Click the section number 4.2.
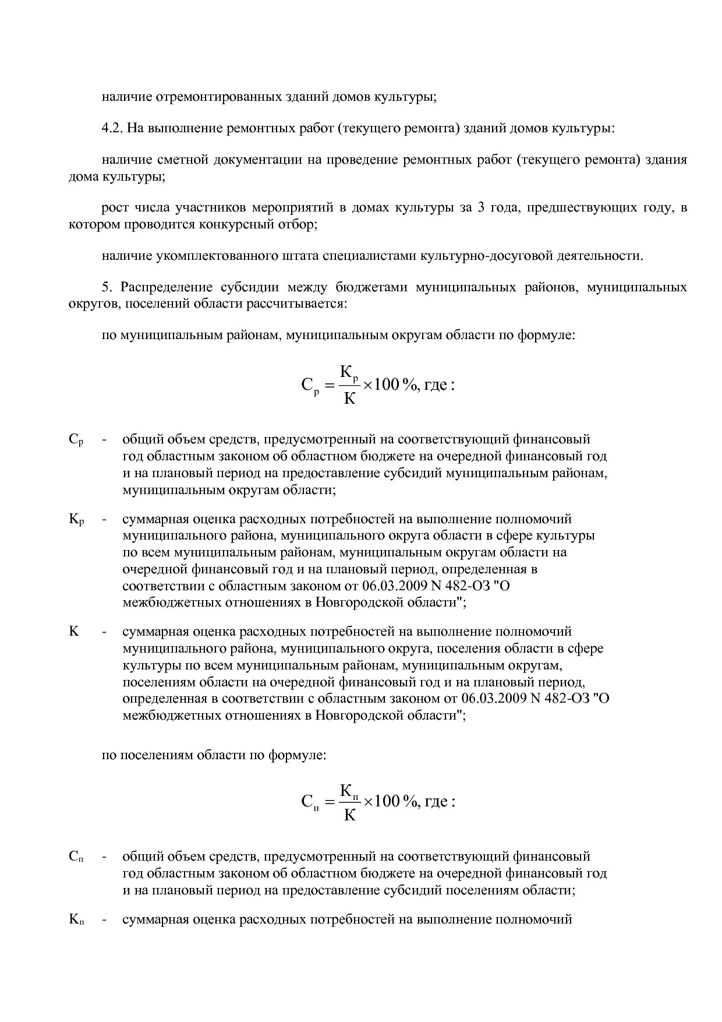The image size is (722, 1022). tap(112, 128)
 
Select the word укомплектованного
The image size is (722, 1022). tap(208, 255)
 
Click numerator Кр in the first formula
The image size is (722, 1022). tap(349, 372)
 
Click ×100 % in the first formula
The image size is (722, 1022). tap(388, 385)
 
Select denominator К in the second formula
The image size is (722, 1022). tap(349, 815)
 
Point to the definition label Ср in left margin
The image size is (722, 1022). tap(76, 440)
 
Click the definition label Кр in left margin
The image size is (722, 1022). tap(76, 519)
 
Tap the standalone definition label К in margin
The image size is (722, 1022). tap(74, 632)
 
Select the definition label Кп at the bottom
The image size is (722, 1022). tap(76, 920)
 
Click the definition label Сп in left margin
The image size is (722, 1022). tap(76, 857)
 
